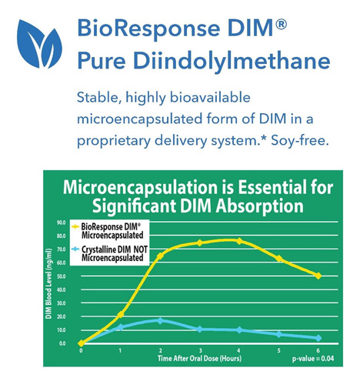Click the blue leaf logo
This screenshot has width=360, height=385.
coord(39,44)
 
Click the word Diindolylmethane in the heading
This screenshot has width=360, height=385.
coord(232,61)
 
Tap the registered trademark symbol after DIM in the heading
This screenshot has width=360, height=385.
coord(281,25)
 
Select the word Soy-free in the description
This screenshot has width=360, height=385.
coord(300,141)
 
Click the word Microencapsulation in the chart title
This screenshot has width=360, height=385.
coord(148,187)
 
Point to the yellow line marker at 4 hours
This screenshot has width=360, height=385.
coord(239,241)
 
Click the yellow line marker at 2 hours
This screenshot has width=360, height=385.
coord(160,256)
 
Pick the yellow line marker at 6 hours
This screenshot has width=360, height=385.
coord(318,276)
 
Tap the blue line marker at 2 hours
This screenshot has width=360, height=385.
coord(160,320)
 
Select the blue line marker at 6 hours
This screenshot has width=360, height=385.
coord(318,338)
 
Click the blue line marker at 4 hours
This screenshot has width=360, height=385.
coord(239,330)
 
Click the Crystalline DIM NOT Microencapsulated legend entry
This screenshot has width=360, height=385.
coord(110,253)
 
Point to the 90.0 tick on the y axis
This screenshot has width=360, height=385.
coord(62,223)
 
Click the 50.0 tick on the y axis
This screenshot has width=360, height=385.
coord(62,276)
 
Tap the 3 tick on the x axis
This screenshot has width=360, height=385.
coord(201,350)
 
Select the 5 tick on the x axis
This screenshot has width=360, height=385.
coord(278,350)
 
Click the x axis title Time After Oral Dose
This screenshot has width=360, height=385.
coord(199,358)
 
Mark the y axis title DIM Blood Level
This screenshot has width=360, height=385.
coord(48,283)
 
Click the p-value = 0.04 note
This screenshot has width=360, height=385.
coord(313,358)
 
